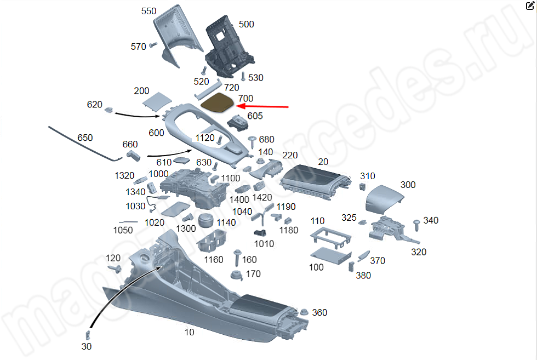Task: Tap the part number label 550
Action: click(x=148, y=12)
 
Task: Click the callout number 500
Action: click(x=246, y=25)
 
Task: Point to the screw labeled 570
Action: click(x=153, y=45)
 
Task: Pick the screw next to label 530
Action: click(x=244, y=76)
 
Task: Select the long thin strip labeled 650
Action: click(x=82, y=144)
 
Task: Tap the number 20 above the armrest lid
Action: click(x=323, y=162)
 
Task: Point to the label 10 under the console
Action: click(x=188, y=333)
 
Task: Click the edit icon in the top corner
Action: click(x=529, y=7)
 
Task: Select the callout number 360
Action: click(x=319, y=313)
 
